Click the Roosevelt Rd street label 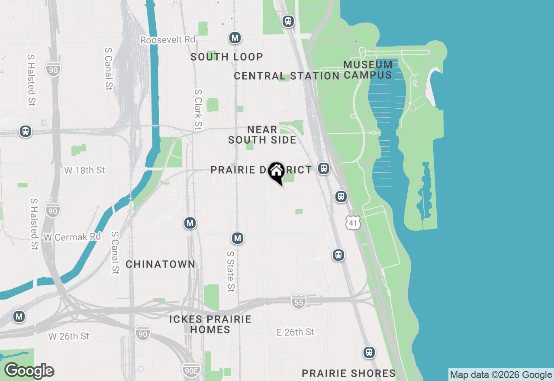168,40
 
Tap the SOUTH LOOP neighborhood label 227,57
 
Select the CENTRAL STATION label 287,76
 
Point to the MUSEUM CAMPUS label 368,70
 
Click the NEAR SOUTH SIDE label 262,135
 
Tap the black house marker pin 276,172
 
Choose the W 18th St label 84,170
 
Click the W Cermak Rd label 72,237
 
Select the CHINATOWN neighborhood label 161,264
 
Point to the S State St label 231,271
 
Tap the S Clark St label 198,109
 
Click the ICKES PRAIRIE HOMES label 210,324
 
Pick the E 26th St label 296,332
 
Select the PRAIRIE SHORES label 348,373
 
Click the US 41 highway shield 353,222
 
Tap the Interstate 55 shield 298,301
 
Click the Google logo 29,371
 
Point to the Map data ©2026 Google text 501,375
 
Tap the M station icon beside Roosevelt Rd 235,38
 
